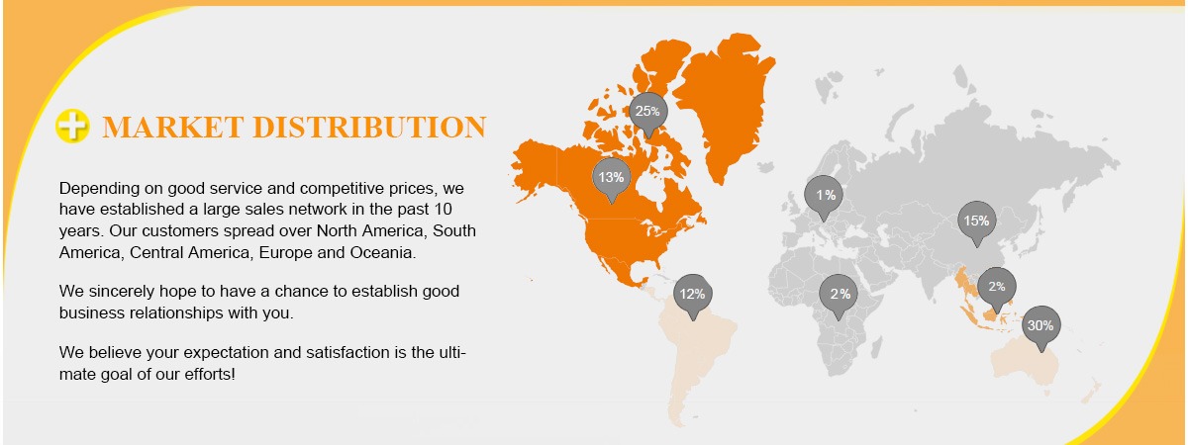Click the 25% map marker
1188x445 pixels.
click(648, 114)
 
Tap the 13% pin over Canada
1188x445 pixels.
click(612, 179)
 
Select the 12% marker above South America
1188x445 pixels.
click(693, 296)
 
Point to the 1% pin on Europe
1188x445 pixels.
click(824, 197)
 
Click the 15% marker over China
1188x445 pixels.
click(977, 222)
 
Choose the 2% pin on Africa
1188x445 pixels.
click(839, 296)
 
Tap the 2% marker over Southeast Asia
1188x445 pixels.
click(997, 289)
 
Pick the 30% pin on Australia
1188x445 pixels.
click(1041, 327)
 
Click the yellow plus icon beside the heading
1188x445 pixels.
click(72, 126)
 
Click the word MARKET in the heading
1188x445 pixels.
click(173, 128)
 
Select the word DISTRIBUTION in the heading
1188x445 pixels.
click(369, 128)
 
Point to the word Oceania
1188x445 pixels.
click(382, 253)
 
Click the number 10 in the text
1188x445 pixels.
click(443, 210)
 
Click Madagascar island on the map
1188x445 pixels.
click(876, 347)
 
